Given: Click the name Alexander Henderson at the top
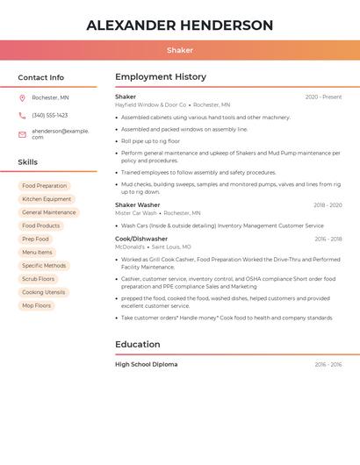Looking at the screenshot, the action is (179, 25).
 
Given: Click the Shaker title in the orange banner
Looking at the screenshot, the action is (180, 50).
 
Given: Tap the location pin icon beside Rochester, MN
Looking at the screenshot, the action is (22, 97).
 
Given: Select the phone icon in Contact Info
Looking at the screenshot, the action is (22, 115).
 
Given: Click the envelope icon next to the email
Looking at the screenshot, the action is (22, 134).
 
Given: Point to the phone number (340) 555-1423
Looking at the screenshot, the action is (49, 115).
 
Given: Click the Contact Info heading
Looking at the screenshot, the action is (40, 77).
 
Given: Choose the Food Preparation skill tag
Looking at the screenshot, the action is (44, 186).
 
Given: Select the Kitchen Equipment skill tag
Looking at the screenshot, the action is (47, 199).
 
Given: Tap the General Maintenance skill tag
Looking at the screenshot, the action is (48, 212).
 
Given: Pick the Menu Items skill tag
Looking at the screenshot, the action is (37, 252).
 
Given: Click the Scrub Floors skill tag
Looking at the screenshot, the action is (38, 279).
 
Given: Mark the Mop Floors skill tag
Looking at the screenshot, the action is (36, 305).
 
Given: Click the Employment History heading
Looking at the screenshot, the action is (161, 77).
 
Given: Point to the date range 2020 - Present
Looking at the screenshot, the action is (323, 97).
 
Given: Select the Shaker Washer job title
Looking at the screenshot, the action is (138, 204).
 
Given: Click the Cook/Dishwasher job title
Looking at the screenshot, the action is (141, 239).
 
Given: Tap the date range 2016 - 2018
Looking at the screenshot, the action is (328, 239).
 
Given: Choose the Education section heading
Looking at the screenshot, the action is (139, 345).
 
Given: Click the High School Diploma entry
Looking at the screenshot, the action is (146, 364).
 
